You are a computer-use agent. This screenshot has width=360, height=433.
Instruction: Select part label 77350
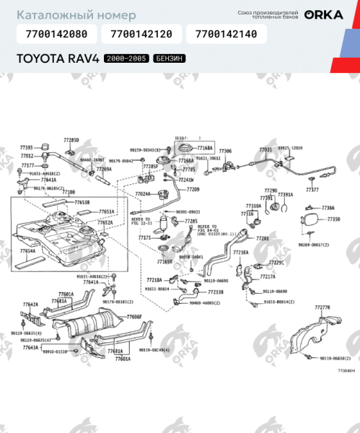[333, 219]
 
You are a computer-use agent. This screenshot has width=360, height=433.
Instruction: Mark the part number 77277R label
[322, 307]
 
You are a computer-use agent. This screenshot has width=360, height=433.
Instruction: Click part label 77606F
[135, 317]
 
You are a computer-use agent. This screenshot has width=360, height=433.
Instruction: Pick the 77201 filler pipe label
[262, 237]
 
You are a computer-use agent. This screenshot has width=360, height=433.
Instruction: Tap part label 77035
[265, 149]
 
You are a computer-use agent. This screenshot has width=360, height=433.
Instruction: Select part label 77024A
[143, 193]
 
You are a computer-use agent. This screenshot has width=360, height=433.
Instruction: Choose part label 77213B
[215, 292]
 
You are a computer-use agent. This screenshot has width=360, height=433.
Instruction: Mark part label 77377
[312, 190]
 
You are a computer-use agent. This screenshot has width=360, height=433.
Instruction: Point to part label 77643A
[30, 347]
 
